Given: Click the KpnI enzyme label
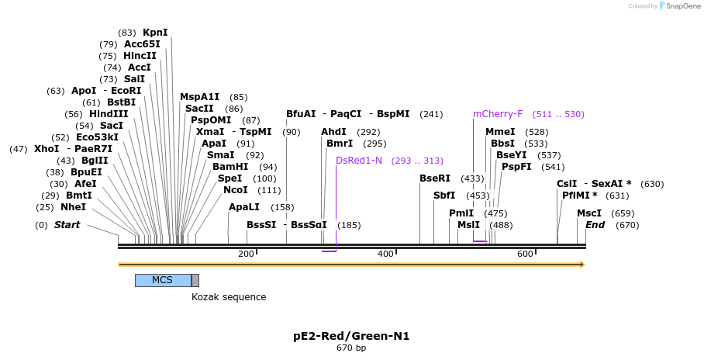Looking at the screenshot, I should (x=155, y=33).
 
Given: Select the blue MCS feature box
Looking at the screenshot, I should (x=163, y=280).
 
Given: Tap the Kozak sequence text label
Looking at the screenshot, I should (x=229, y=297).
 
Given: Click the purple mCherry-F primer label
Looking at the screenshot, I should (x=498, y=114).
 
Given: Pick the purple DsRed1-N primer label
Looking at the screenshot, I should (x=359, y=161).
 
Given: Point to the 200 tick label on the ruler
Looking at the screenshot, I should (x=246, y=254).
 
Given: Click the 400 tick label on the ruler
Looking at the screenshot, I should (x=385, y=254).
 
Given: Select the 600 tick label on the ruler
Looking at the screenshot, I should (x=525, y=254).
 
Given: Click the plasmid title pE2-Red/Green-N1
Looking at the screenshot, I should (x=351, y=336).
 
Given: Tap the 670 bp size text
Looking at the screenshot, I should (x=351, y=348).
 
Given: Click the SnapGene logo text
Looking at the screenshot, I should (x=683, y=6).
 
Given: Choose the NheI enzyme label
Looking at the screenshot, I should (x=74, y=207).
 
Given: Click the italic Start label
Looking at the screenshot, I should (x=67, y=225).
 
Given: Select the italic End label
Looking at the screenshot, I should (x=595, y=225).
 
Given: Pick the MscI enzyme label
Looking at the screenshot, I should (x=589, y=213).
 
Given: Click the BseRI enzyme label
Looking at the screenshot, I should (x=435, y=178).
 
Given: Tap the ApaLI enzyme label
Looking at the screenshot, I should (x=244, y=207).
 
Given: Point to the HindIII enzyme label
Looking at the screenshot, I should (x=109, y=114).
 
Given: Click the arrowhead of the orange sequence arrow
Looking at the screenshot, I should (x=581, y=265).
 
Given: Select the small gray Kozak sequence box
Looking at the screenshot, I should (x=195, y=280).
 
